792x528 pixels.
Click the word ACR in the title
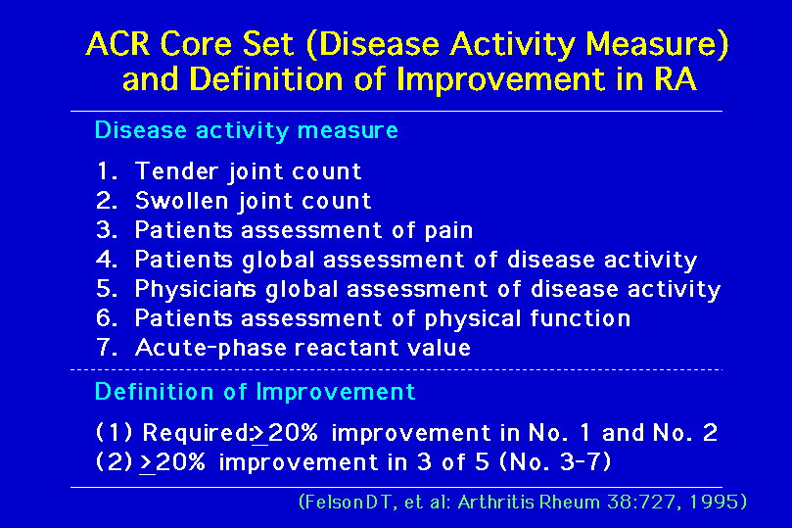tap(118, 43)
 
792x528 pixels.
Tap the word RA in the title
tap(676, 79)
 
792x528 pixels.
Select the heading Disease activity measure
tap(247, 130)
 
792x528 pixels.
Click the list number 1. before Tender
tap(107, 171)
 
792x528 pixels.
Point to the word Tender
tap(177, 171)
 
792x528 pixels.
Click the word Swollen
tap(182, 201)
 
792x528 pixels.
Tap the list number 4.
tap(107, 260)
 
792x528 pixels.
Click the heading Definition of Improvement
tap(256, 392)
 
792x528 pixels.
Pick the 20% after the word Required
tap(293, 433)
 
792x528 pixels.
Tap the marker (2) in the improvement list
tap(115, 462)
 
